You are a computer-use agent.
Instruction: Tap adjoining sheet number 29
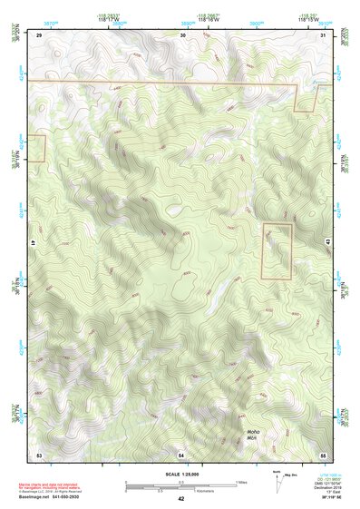(x=39, y=34)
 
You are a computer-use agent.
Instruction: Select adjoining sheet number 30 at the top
(x=183, y=34)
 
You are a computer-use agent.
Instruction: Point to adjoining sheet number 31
(x=324, y=34)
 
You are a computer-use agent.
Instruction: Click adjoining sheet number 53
(x=39, y=453)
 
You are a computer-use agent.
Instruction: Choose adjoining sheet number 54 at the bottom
(x=181, y=453)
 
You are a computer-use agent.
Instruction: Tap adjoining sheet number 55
(x=323, y=453)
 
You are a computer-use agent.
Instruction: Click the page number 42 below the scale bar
(x=180, y=498)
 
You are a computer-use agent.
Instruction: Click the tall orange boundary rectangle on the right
(x=277, y=250)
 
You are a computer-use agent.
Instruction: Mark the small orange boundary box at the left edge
(x=36, y=148)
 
